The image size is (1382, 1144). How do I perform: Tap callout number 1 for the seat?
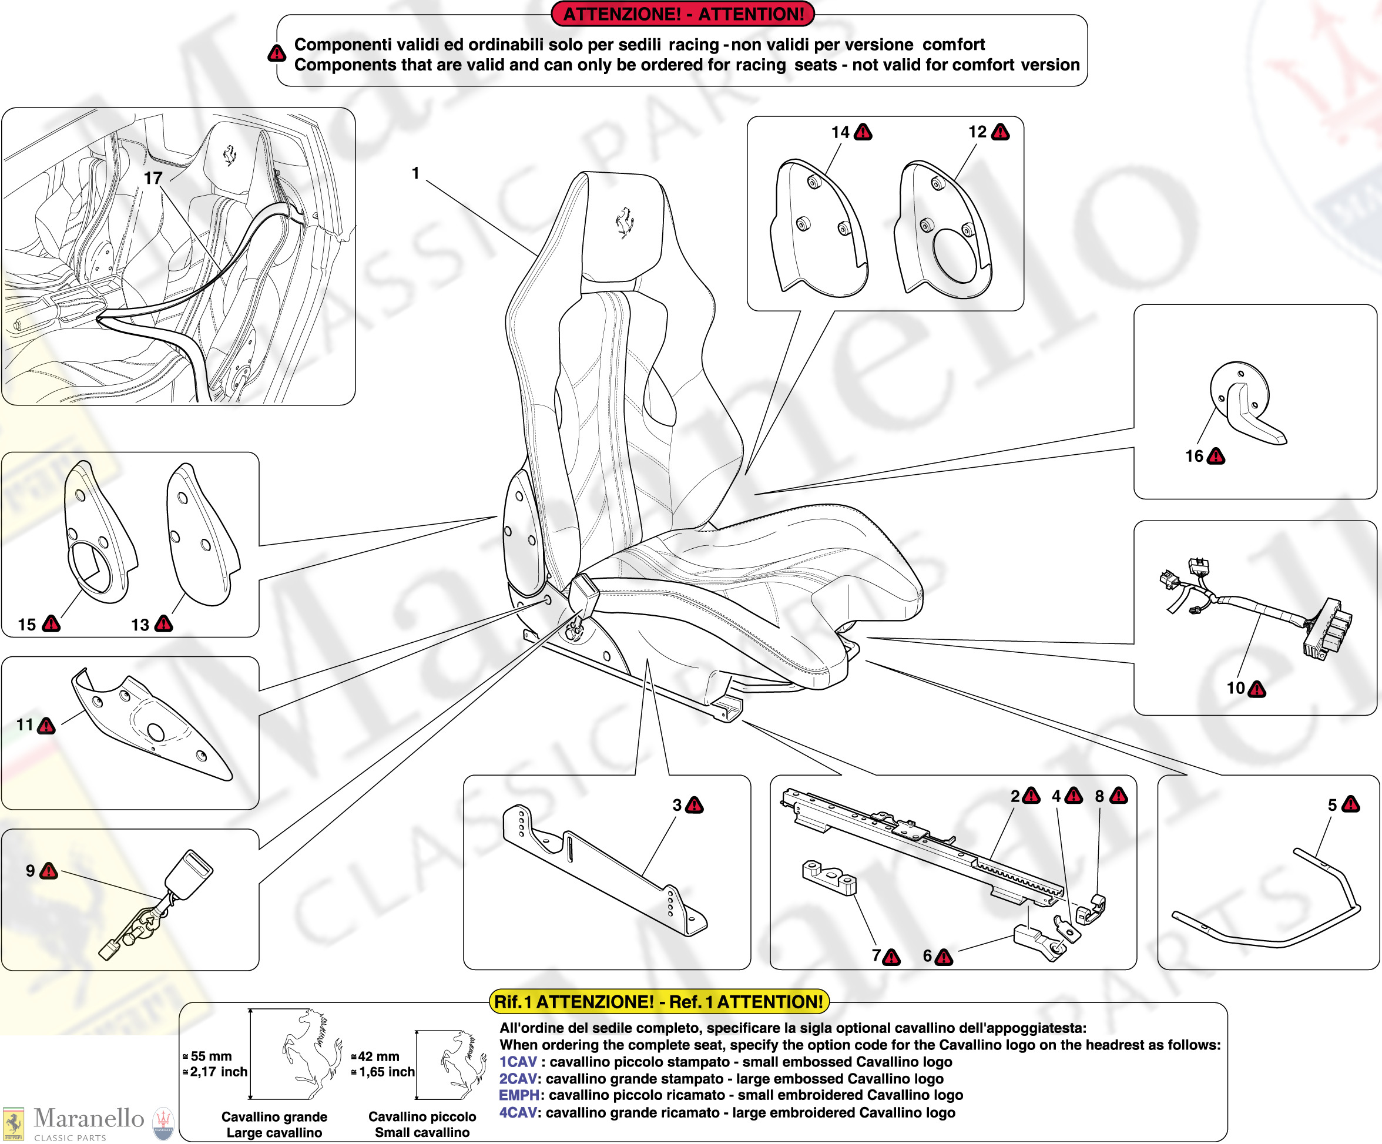click(415, 173)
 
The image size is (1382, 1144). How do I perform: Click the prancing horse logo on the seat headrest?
click(624, 223)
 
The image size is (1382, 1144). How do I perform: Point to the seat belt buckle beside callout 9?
click(188, 875)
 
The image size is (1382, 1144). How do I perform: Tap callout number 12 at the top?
click(977, 132)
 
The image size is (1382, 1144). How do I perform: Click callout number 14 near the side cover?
click(840, 132)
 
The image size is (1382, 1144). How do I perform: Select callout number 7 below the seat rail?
click(876, 955)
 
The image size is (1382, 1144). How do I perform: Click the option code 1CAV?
click(518, 1062)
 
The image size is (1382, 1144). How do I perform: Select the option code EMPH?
click(519, 1095)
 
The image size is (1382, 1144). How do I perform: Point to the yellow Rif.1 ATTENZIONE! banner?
click(659, 1002)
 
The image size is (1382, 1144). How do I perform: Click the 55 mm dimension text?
click(210, 1056)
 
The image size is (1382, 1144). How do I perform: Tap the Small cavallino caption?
click(422, 1132)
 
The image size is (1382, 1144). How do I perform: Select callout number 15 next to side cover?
click(27, 625)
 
